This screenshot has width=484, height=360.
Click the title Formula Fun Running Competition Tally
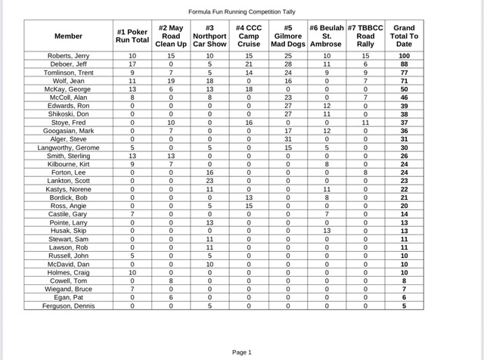tap(242, 12)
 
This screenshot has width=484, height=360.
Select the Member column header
tap(69, 36)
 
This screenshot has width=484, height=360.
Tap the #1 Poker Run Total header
tap(132, 36)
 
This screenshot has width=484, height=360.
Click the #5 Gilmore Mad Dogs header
tap(288, 36)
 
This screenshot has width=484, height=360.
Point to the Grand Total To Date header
tap(404, 36)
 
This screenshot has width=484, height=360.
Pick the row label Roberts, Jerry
tap(69, 56)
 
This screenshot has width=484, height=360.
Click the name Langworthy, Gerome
tap(69, 147)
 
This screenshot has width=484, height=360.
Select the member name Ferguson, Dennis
tap(69, 306)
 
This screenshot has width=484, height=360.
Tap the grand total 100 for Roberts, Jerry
tap(404, 56)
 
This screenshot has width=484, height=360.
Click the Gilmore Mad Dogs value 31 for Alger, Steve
tap(288, 139)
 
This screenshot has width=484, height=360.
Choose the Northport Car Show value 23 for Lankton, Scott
tap(209, 181)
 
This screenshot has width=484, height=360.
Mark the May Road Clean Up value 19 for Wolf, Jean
tap(171, 81)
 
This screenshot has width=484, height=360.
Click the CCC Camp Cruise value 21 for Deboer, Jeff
tap(249, 64)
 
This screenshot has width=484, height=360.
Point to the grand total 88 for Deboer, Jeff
tap(404, 64)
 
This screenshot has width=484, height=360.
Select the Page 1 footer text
tap(242, 352)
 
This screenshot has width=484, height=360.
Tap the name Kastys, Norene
tap(69, 189)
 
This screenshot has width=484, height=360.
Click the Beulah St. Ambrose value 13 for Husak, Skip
tap(327, 231)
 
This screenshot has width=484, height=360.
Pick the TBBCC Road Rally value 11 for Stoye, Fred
tap(365, 123)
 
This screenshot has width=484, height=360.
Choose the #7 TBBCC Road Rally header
tap(365, 36)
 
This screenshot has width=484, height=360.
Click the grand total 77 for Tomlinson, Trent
tap(404, 73)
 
